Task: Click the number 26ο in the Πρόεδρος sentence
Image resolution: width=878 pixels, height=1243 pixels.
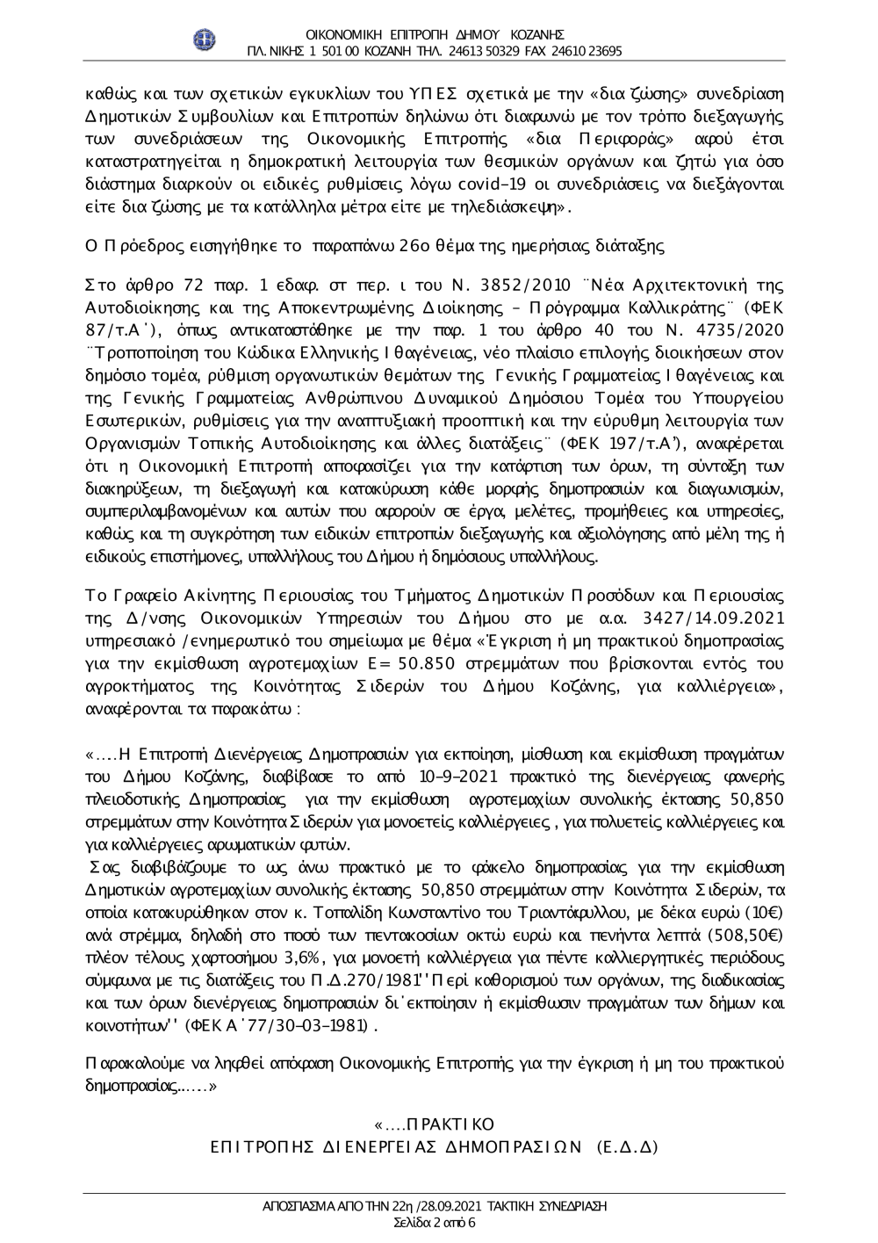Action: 412,247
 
